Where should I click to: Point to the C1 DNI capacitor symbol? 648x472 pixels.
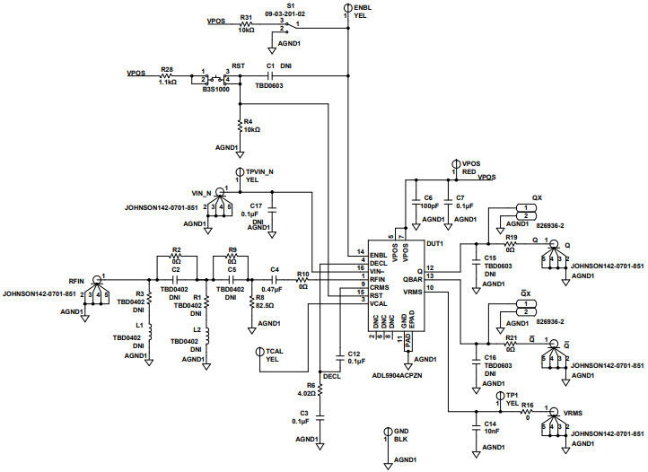[x=269, y=74]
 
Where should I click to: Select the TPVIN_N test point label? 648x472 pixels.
[x=259, y=170]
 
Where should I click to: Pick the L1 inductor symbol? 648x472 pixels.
[x=149, y=333]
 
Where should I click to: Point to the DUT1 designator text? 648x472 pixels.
[x=435, y=243]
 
